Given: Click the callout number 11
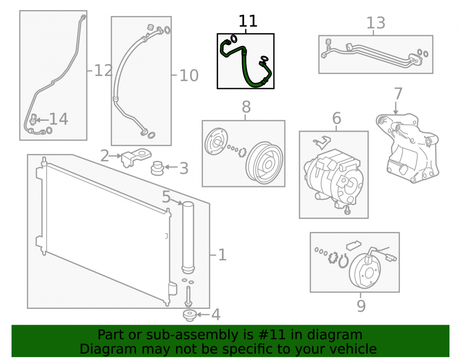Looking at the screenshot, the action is click(248, 21).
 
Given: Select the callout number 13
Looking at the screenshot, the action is click(375, 23).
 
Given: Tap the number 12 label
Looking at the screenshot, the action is click(103, 71).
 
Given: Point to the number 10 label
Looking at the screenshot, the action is click(189, 76).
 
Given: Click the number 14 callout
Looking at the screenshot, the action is click(59, 119).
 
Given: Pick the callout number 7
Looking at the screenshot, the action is click(398, 94).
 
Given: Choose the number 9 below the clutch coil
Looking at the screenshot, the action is click(361, 306).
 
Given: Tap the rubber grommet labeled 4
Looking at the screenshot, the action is click(189, 315).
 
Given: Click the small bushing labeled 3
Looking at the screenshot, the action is click(157, 168).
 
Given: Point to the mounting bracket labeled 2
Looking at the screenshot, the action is click(136, 157).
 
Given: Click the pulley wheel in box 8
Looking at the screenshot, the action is click(264, 163).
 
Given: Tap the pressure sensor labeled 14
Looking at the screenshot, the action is click(34, 119).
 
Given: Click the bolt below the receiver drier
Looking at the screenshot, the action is click(188, 296).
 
